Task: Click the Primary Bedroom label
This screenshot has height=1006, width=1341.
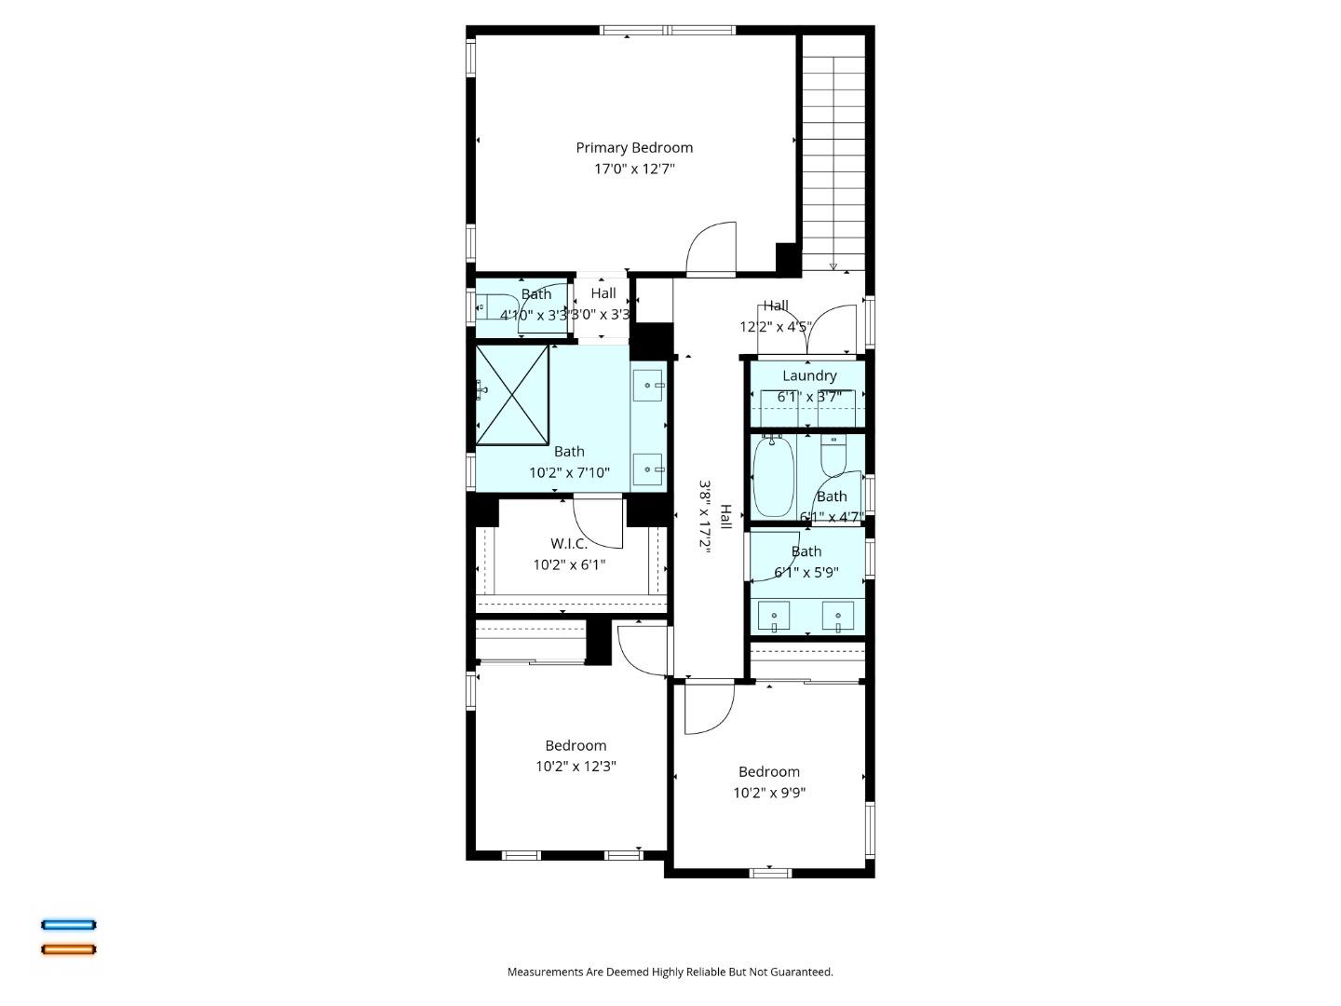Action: coord(634,148)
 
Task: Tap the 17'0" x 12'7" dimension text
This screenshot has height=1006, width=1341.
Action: coord(634,169)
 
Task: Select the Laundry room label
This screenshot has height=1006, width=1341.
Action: coord(809,375)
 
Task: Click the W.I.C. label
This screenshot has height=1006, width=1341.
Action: coord(569,543)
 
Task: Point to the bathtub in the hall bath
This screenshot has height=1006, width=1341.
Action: coord(774,476)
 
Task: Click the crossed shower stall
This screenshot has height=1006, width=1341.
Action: coord(512,395)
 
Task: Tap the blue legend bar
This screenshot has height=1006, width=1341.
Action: coord(68,925)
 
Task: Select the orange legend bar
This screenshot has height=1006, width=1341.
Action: coord(68,949)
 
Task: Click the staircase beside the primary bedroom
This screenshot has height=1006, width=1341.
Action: coord(833,153)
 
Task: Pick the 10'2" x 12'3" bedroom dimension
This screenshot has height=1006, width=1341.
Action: coord(576,766)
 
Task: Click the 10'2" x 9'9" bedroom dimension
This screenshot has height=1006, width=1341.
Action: coord(769,792)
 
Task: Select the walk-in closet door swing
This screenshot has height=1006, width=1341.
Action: coord(598,523)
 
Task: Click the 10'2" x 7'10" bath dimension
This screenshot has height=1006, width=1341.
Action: coord(569,472)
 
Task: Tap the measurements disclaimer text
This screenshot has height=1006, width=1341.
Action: coord(670,972)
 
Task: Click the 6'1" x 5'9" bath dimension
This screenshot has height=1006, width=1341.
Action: coord(806,572)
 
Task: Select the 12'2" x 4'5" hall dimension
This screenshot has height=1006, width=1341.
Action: coord(776,327)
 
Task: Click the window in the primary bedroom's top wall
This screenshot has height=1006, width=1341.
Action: coord(667,30)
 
